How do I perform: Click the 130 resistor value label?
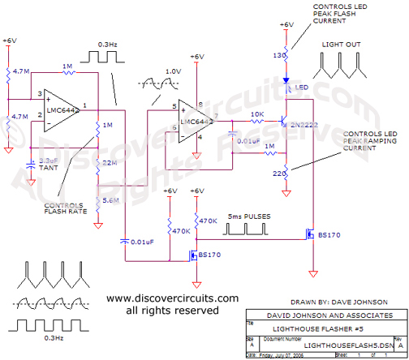pos(278,54)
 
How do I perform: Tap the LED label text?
pos(299,87)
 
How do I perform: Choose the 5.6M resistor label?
pos(110,199)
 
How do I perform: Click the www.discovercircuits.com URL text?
pos(161,298)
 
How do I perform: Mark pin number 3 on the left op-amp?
pos(38,94)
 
